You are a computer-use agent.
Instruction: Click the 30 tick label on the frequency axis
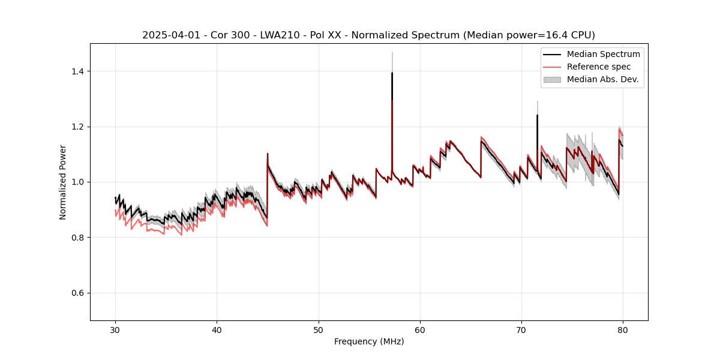click(115, 329)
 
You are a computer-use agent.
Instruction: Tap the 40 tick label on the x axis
click(217, 329)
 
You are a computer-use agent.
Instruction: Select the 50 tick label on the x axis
click(318, 329)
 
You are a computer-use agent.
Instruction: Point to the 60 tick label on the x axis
click(420, 329)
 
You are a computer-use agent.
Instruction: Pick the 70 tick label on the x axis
click(521, 329)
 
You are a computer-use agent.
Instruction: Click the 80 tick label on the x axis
click(623, 329)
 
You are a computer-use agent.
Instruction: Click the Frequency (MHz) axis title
click(369, 341)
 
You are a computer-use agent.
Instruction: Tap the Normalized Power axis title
click(63, 182)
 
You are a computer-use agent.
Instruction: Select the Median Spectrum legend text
click(603, 54)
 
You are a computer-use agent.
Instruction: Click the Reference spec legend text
click(599, 67)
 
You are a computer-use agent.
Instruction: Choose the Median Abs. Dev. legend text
click(602, 79)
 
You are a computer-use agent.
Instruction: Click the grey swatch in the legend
click(552, 79)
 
